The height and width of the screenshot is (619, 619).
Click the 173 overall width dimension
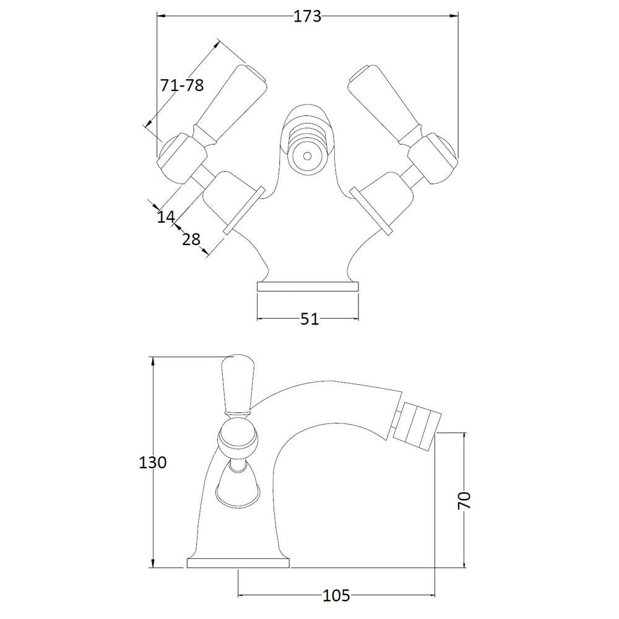point(308,16)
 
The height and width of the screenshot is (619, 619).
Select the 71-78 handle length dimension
point(182,85)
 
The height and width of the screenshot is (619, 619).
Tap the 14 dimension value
point(166,216)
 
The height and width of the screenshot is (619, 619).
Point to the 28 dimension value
point(191,239)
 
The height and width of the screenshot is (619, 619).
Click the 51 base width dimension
point(309,319)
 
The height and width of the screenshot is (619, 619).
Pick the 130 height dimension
point(153,462)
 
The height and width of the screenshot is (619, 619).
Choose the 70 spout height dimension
point(464,501)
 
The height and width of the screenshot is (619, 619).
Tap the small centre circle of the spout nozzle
point(307,156)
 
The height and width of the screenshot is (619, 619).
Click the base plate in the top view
point(308,287)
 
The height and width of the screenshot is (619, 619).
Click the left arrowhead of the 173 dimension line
point(161,16)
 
